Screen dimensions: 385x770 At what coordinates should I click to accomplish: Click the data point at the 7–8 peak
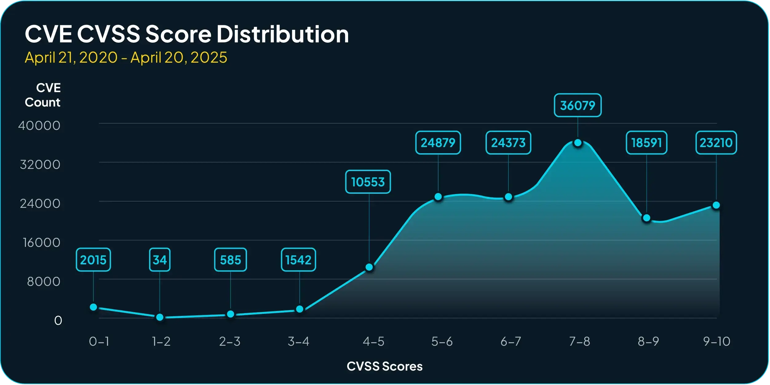tap(578, 143)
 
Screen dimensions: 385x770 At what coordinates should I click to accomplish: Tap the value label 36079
tap(577, 105)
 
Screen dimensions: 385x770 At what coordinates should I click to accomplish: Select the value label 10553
tap(368, 182)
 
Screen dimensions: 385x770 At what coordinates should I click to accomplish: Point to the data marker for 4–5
tap(369, 267)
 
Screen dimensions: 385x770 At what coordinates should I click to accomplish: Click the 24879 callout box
tap(438, 143)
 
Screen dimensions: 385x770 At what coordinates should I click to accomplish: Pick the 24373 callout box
tap(508, 143)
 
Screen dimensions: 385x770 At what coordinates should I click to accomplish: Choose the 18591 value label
tap(646, 143)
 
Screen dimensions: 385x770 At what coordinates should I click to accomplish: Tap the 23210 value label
tap(716, 143)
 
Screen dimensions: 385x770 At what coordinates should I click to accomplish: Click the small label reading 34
tap(160, 260)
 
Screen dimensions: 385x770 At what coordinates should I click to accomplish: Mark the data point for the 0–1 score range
tap(93, 307)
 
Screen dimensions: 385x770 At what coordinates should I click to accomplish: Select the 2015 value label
tap(93, 260)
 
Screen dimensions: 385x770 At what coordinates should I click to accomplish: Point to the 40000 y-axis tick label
tap(39, 126)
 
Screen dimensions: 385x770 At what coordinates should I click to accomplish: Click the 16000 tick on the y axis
tap(42, 243)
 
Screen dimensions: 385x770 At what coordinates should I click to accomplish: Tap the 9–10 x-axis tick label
tap(716, 341)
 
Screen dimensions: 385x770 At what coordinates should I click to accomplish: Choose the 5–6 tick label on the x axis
tap(442, 341)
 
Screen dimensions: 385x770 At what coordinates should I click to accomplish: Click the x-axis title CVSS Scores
tap(384, 366)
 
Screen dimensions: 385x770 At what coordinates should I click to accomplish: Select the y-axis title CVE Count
tap(43, 95)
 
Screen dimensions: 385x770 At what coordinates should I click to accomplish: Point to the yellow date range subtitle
tap(126, 57)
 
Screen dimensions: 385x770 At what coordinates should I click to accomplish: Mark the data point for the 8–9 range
tap(647, 218)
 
